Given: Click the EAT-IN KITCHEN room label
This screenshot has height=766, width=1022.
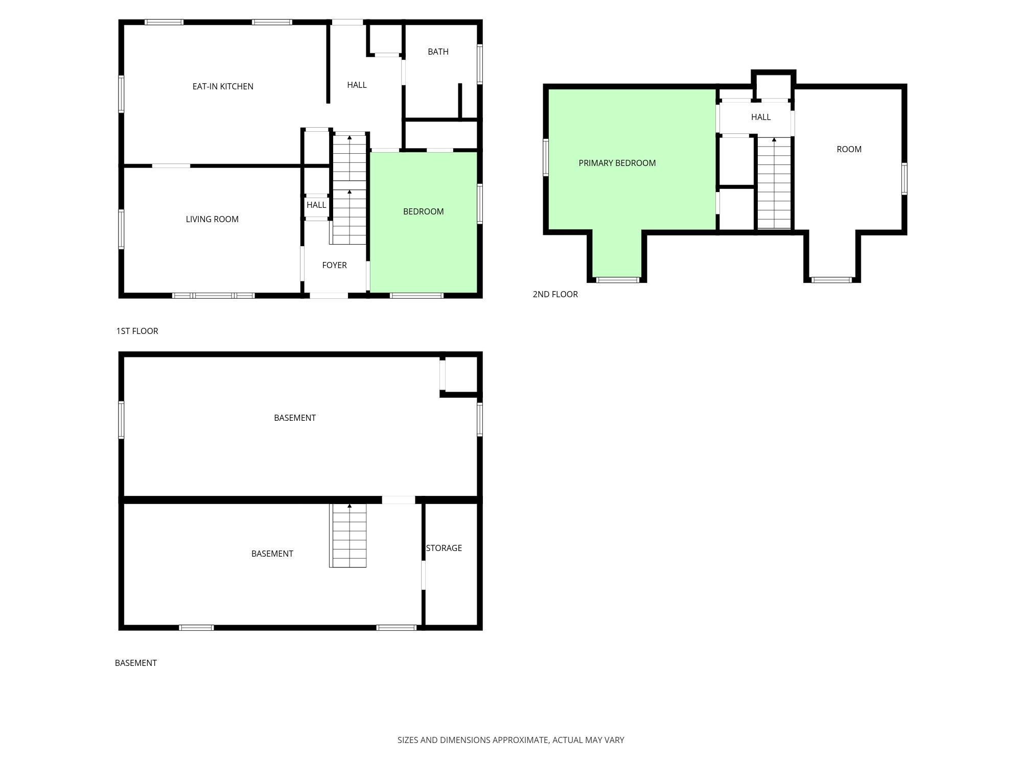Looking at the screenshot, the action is tap(223, 86).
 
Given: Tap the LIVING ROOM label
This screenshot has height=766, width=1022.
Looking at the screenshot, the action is tap(212, 219).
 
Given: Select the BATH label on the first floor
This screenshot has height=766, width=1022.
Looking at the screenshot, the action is tap(438, 52).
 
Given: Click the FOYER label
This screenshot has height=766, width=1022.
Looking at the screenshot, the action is tap(334, 265).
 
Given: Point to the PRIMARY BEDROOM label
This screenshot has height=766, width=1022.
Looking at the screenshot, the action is tap(617, 163).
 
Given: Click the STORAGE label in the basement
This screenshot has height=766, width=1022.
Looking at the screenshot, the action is tap(444, 548).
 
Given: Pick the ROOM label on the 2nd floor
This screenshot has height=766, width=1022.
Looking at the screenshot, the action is tap(849, 149).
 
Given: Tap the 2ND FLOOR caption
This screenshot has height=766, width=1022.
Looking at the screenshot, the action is tap(555, 294).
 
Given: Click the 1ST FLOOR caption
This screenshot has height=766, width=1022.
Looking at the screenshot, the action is tap(137, 331).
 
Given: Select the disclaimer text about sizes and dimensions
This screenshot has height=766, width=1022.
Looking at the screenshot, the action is tap(511, 740).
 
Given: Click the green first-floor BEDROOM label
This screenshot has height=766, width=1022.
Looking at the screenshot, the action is tap(423, 211).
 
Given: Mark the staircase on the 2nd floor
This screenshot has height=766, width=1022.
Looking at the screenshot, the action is tap(774, 183).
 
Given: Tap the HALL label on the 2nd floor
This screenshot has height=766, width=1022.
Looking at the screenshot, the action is tap(761, 117).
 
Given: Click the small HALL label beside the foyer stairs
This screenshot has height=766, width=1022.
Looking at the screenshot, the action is tap(316, 205).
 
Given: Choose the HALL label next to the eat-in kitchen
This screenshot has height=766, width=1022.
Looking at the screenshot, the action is tap(357, 85).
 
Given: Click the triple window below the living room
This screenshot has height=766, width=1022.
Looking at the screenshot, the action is tap(214, 296).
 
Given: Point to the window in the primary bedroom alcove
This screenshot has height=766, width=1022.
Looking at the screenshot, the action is tap(618, 280).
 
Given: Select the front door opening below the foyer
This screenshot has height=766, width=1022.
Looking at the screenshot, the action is tap(329, 296).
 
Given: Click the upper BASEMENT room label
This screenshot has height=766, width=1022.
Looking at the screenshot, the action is tap(295, 418).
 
